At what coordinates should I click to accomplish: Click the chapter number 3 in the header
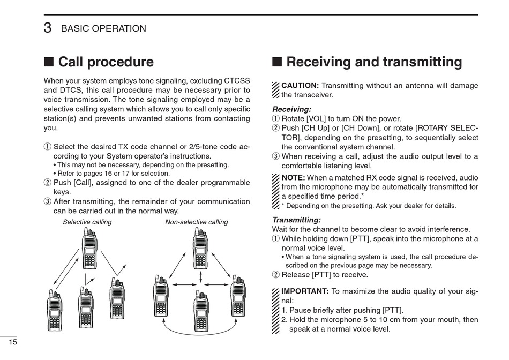click(x=48, y=28)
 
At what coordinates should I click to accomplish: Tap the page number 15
click(x=13, y=342)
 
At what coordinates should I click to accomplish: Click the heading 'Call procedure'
click(x=106, y=62)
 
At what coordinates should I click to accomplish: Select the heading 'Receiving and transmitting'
click(x=374, y=62)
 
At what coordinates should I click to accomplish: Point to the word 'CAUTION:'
click(x=300, y=86)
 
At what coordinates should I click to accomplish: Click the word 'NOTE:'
click(x=293, y=178)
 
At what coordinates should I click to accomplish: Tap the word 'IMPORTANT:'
click(x=305, y=291)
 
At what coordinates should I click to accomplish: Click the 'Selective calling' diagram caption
click(x=87, y=222)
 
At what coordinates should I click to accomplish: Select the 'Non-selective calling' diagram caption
click(x=196, y=222)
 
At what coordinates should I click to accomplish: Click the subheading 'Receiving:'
click(x=291, y=109)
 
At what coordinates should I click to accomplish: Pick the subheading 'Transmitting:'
click(x=296, y=220)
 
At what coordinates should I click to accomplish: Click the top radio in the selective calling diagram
click(x=89, y=249)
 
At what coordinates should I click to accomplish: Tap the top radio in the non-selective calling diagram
click(x=200, y=249)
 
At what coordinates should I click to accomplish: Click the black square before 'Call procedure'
click(x=48, y=62)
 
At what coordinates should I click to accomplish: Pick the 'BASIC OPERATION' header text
click(x=103, y=29)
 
